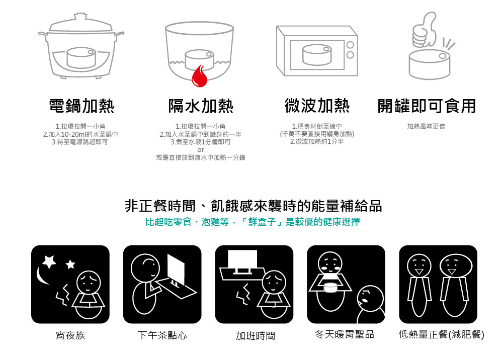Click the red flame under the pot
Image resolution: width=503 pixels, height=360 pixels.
point(199,76)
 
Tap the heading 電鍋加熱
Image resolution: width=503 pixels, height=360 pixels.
point(81,106)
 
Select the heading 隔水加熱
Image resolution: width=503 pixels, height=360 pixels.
point(201,106)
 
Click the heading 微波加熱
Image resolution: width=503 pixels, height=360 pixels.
point(317,106)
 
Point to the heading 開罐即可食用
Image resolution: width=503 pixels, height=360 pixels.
point(427,106)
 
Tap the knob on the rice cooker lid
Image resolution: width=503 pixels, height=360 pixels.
point(80,17)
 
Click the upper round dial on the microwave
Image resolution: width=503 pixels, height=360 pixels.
point(350,45)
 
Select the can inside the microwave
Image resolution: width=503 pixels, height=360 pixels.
point(317,55)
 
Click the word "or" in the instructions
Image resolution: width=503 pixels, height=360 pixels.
point(201,150)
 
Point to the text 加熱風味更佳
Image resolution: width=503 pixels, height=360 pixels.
point(426,126)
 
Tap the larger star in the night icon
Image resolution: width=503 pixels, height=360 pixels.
point(49,261)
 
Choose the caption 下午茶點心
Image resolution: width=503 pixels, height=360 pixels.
point(162,335)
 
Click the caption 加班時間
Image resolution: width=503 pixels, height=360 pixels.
point(256,336)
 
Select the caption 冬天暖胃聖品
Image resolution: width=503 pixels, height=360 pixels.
point(345,334)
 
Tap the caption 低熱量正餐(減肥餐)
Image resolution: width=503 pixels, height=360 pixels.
point(442,334)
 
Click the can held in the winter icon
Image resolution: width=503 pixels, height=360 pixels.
point(331,287)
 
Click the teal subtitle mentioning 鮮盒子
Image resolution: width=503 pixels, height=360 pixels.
point(253,222)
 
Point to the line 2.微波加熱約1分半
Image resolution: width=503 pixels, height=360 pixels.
point(317,142)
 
